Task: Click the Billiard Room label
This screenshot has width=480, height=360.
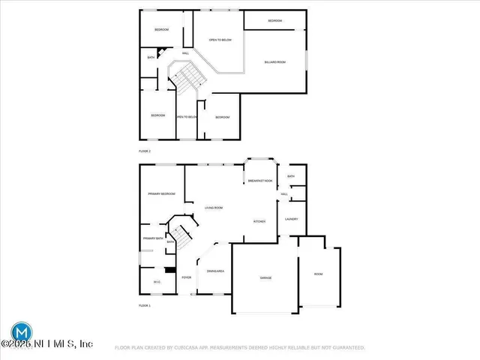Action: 275,62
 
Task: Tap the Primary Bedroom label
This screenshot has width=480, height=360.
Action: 161,193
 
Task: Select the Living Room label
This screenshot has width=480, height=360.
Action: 214,207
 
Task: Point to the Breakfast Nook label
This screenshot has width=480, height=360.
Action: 260,181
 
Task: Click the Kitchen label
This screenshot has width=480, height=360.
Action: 259,221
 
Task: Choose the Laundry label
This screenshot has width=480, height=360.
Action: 292,219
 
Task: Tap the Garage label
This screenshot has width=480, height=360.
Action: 265,277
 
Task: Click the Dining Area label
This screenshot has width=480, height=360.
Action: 216,271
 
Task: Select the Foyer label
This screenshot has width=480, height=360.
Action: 186,277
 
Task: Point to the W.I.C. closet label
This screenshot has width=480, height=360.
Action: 157,282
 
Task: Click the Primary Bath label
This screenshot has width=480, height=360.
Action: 153,238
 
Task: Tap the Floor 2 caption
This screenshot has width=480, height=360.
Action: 145,151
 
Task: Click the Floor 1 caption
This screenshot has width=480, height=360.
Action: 145,306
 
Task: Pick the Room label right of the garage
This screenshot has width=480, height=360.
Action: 318,274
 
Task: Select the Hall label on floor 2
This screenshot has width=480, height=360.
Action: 185,53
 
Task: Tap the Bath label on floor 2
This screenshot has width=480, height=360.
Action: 151,58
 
